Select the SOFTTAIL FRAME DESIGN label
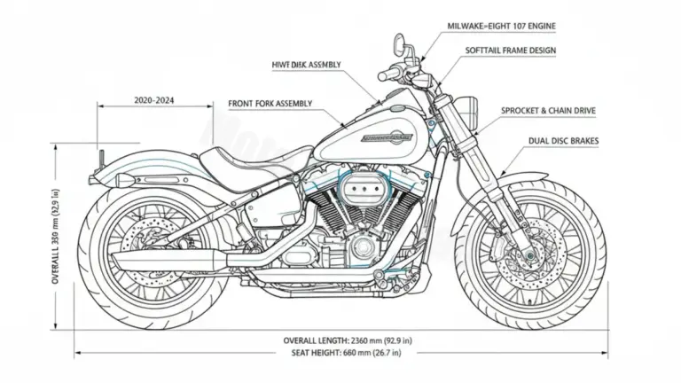pyautogui.click(x=511, y=51)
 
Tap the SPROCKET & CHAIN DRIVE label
pyautogui.click(x=548, y=111)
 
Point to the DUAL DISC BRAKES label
pyautogui.click(x=560, y=140)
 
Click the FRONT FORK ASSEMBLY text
pyautogui.click(x=270, y=104)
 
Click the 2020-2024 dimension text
pyautogui.click(x=154, y=101)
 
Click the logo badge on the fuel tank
pyautogui.click(x=387, y=138)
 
